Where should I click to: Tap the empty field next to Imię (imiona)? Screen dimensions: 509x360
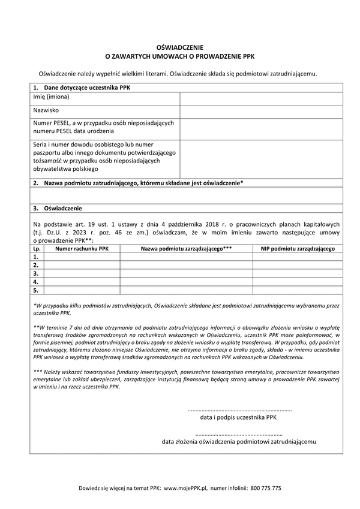click(x=261, y=98)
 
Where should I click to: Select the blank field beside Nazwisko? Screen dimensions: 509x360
click(x=261, y=112)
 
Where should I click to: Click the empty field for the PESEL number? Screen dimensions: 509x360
click(x=261, y=127)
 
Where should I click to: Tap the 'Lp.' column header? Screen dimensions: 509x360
click(x=37, y=248)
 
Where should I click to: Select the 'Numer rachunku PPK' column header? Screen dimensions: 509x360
click(x=82, y=248)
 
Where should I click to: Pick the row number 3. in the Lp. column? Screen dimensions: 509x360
click(x=37, y=273)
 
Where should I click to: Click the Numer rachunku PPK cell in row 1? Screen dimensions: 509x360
click(x=82, y=256)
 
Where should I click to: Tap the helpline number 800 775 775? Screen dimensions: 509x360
click(x=266, y=488)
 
